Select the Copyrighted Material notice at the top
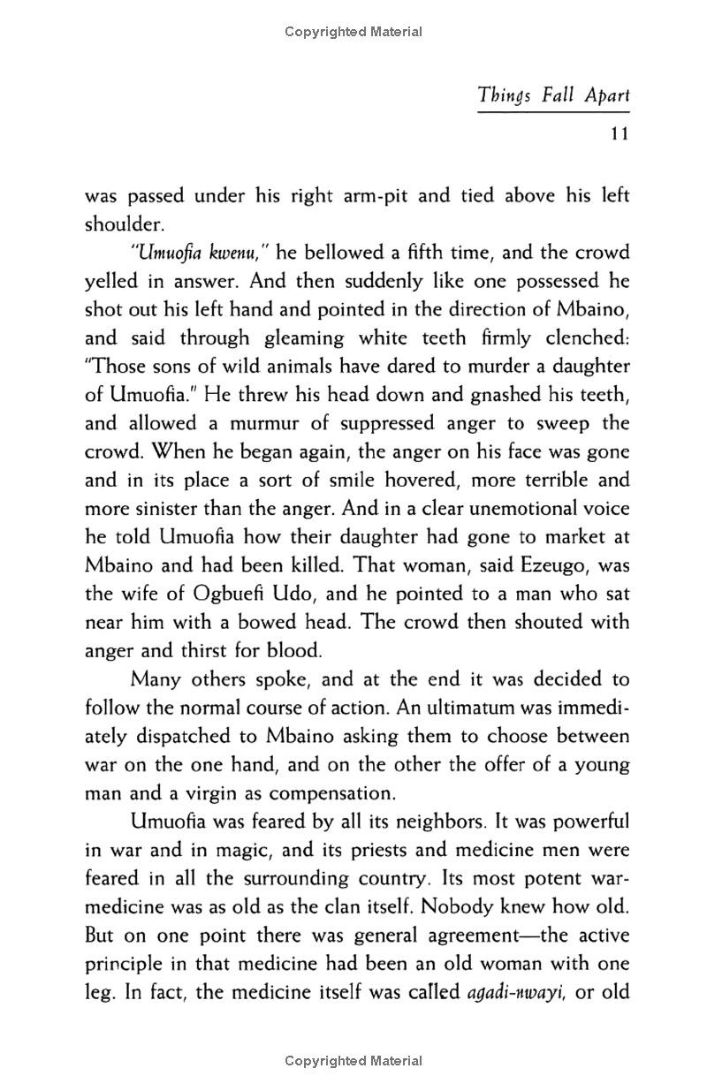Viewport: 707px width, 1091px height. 353,32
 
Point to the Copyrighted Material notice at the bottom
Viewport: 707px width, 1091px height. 353,1061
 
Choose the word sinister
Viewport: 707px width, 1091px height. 159,509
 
